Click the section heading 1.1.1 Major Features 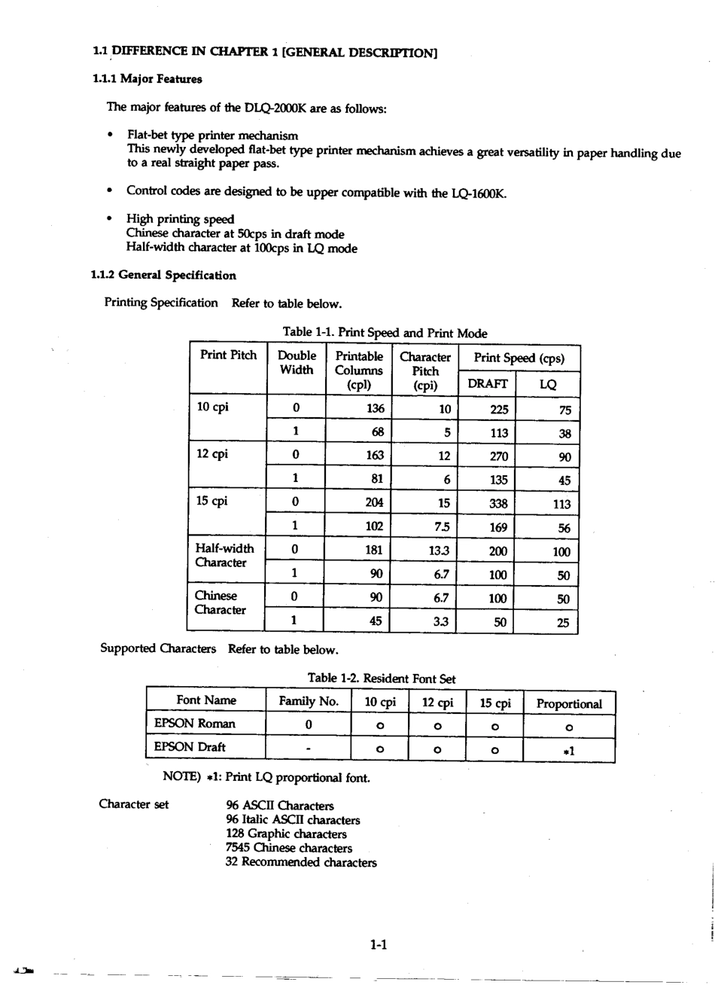(x=147, y=78)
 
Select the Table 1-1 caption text (x=385, y=333)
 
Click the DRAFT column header (x=487, y=384)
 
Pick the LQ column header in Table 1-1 (x=548, y=384)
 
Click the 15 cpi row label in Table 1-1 (x=212, y=502)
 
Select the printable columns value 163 (x=374, y=455)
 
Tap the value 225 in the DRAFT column (x=498, y=410)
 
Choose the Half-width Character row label (x=224, y=556)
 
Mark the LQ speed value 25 (x=563, y=623)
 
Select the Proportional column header (x=568, y=704)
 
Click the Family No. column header (x=309, y=702)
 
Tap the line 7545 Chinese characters (x=288, y=848)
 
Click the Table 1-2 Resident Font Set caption (x=381, y=679)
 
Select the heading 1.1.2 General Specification (x=163, y=276)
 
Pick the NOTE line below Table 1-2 (x=266, y=776)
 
